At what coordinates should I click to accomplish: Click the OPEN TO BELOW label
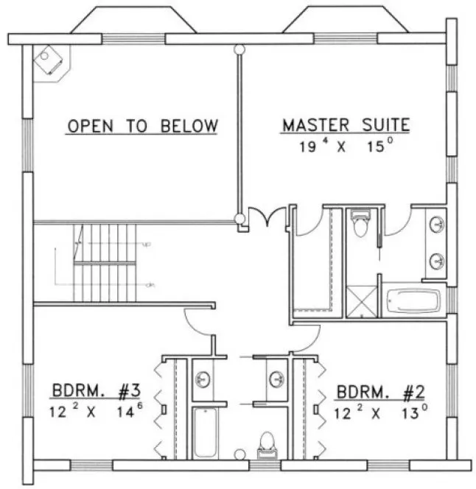pyautogui.click(x=142, y=126)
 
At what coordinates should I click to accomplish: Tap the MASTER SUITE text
pyautogui.click(x=346, y=126)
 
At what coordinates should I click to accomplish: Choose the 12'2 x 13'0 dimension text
pyautogui.click(x=380, y=409)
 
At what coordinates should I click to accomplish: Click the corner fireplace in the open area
pyautogui.click(x=51, y=60)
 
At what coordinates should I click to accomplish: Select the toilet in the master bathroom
pyautogui.click(x=360, y=224)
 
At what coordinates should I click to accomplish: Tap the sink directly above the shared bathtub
pyautogui.click(x=203, y=380)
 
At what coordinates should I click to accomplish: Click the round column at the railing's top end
pyautogui.click(x=238, y=49)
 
